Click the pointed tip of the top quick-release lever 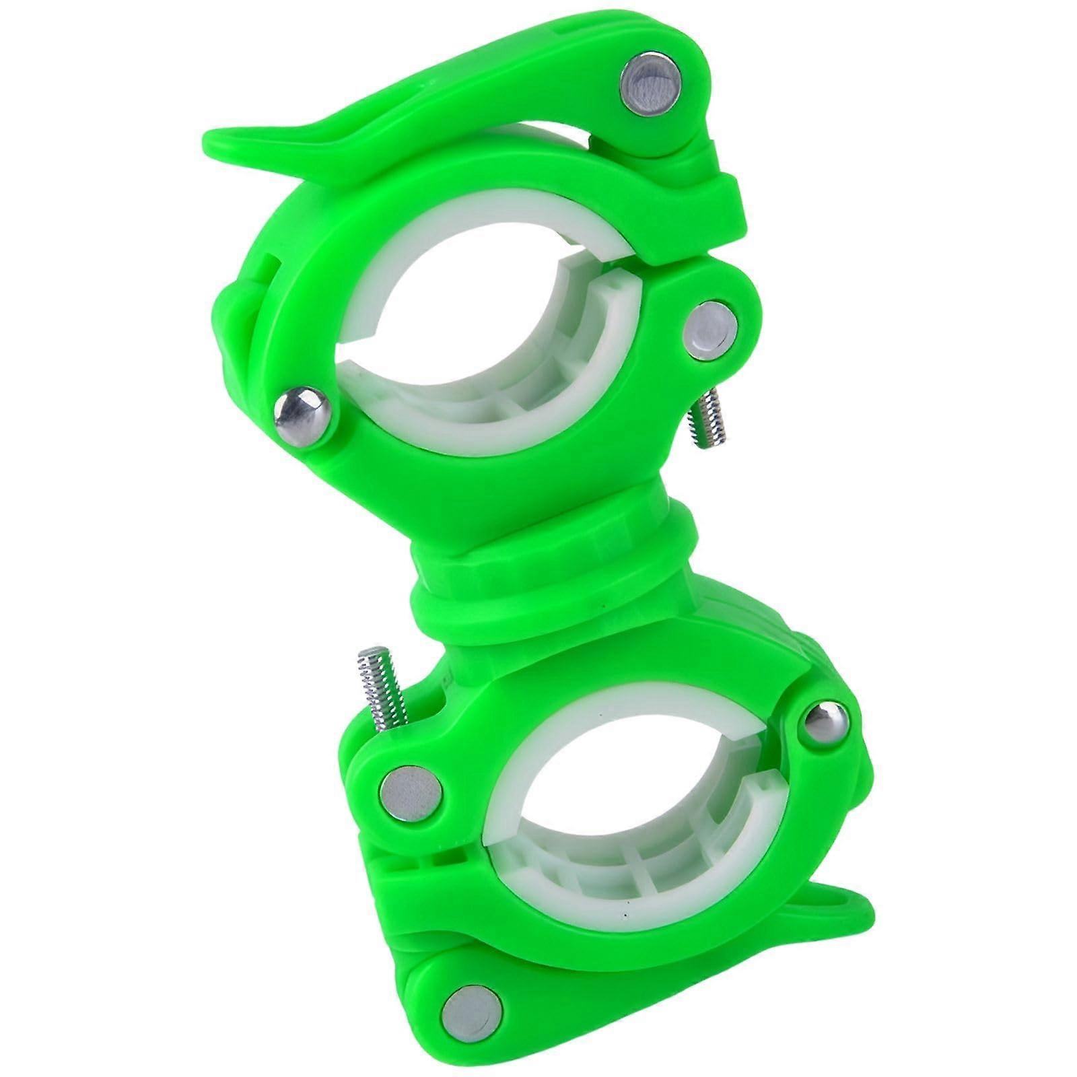pyautogui.click(x=215, y=141)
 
